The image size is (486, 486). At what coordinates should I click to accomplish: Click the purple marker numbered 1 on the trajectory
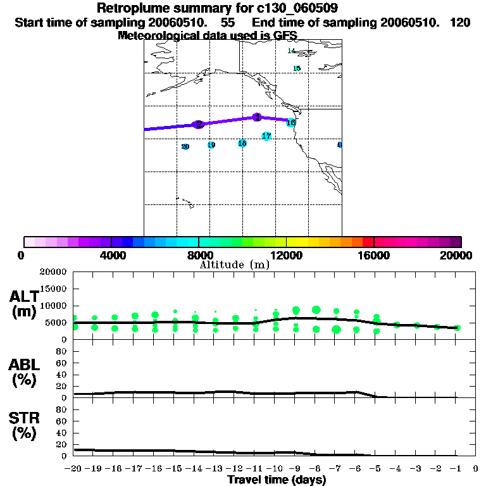(x=257, y=117)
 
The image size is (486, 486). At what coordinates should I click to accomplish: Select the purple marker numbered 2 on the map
(x=198, y=125)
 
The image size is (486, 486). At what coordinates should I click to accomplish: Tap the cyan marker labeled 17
(x=266, y=136)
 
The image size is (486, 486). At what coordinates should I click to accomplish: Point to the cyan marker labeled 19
(x=211, y=145)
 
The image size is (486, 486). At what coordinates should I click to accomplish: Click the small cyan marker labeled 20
(x=185, y=147)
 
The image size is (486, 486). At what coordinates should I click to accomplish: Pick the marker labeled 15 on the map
(x=297, y=68)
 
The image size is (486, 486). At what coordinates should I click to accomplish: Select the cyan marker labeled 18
(x=242, y=144)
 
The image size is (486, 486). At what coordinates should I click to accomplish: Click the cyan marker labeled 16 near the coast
(x=290, y=122)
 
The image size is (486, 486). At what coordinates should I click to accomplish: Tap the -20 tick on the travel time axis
(x=73, y=469)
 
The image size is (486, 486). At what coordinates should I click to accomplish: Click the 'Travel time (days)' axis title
(x=277, y=480)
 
